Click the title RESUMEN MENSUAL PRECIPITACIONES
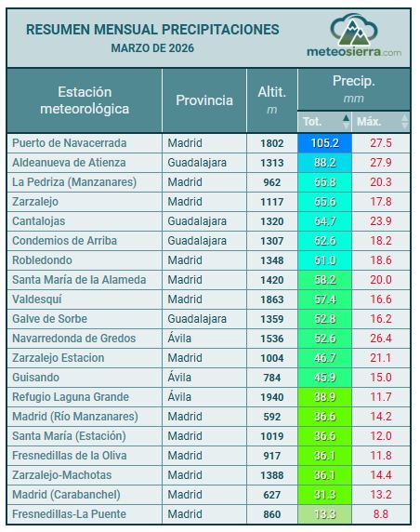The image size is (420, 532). [x=152, y=30]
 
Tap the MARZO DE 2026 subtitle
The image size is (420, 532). [x=152, y=47]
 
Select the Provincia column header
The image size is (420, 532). [x=204, y=100]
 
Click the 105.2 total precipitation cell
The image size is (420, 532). [x=325, y=143]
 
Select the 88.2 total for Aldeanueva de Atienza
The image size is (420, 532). [x=325, y=163]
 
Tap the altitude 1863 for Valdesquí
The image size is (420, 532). [x=272, y=299]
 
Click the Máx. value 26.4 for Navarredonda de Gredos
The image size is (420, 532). [x=381, y=339]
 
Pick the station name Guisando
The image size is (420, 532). [x=35, y=378]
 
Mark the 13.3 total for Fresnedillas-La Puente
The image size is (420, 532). [x=325, y=514]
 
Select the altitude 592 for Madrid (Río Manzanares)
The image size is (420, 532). [x=272, y=417]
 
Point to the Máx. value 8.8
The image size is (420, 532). [x=381, y=514]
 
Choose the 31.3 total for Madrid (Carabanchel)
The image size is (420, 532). [x=325, y=495]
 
